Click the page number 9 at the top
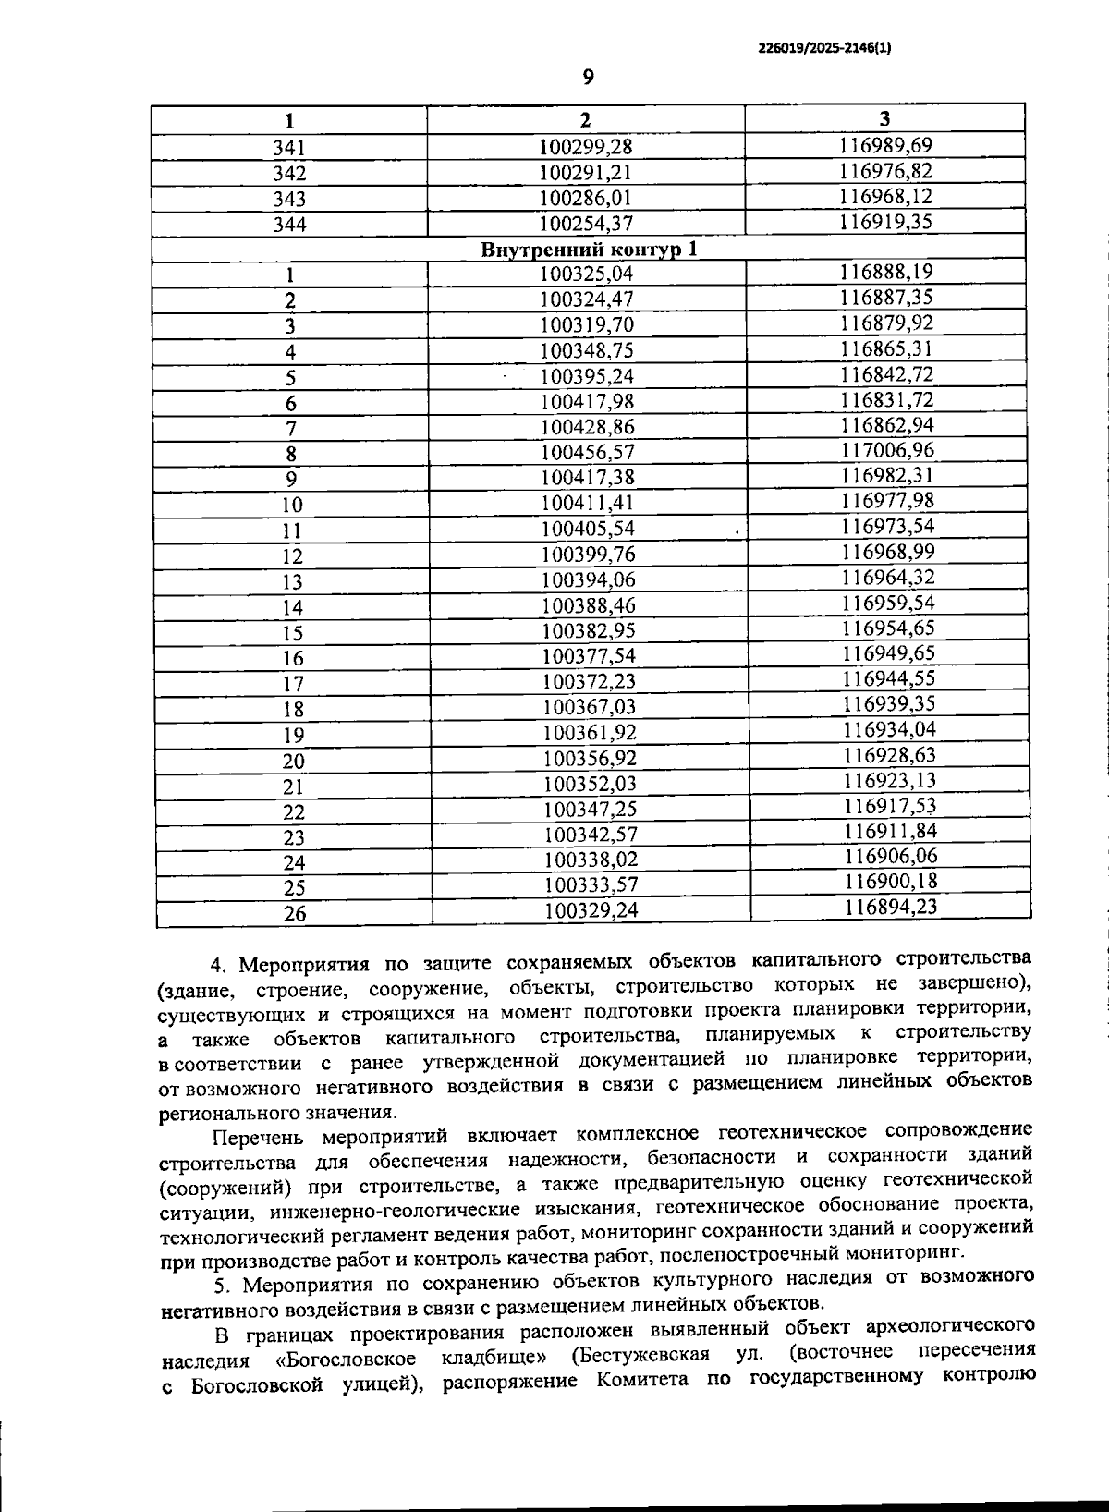[588, 79]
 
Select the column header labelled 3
[885, 118]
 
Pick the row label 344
[289, 224]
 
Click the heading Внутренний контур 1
[590, 249]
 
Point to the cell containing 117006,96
[887, 450]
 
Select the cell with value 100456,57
[588, 453]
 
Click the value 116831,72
[887, 399]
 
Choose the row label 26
[293, 914]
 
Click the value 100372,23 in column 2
[589, 681]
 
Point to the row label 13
[292, 581]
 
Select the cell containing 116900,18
[890, 882]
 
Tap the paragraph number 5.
[220, 1285]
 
